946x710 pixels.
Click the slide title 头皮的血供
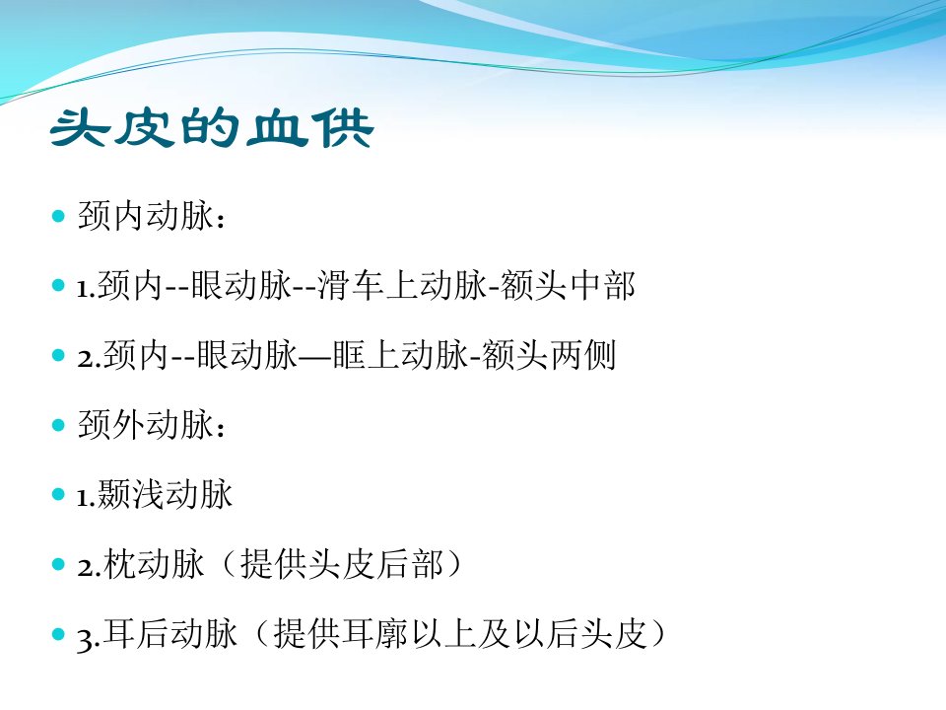[212, 128]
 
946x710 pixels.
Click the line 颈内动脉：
[152, 216]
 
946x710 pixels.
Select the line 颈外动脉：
[152, 425]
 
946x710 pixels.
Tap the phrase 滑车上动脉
[402, 286]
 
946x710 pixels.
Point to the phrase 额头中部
[568, 286]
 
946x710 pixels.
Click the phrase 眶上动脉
[401, 355]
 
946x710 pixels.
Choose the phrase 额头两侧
[549, 355]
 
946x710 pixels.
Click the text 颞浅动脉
[165, 494]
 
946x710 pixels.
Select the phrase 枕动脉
[154, 564]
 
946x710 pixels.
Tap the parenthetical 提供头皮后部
[342, 564]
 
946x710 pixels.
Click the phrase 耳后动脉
[170, 634]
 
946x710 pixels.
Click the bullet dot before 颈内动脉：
[58, 216]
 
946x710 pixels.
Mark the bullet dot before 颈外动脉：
[58, 425]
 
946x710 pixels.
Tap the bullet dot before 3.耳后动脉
[58, 634]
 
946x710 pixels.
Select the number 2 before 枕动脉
[85, 568]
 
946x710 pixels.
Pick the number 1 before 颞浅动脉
[83, 498]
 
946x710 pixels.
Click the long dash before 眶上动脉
[315, 356]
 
